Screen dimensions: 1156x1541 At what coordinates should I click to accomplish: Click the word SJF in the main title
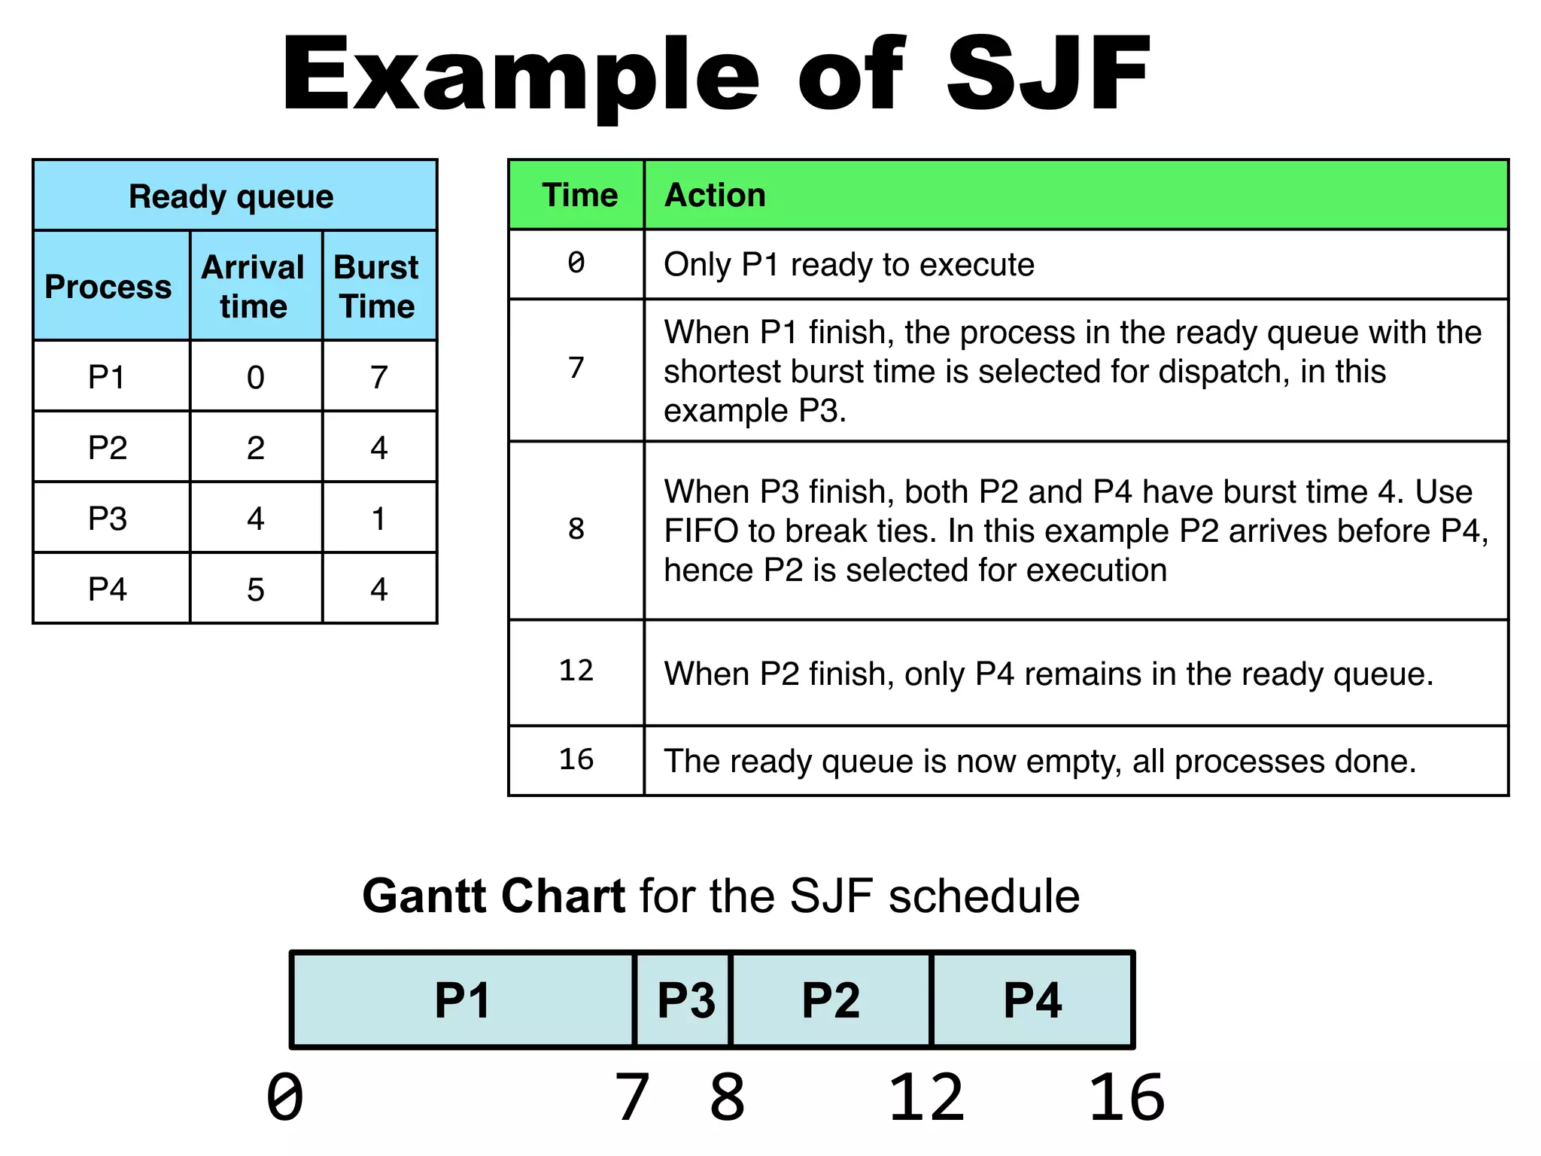coord(1047,74)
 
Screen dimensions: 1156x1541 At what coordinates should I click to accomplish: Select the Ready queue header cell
coord(231,196)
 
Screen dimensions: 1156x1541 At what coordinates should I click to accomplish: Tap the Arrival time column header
coord(254,287)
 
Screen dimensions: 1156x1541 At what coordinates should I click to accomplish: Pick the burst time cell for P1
coord(378,377)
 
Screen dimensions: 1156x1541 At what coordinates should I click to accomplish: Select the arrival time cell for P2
coord(255,448)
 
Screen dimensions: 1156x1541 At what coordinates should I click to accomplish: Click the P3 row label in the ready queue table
coord(108,519)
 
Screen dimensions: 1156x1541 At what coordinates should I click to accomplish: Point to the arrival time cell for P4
coord(255,589)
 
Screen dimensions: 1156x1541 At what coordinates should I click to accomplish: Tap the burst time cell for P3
coord(378,519)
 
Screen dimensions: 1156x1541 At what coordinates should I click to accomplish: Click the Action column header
coord(715,195)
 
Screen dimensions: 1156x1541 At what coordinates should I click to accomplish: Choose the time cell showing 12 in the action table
coord(576,671)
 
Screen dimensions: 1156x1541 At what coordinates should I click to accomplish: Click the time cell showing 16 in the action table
coord(576,759)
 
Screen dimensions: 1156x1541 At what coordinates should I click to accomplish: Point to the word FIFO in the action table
coord(701,531)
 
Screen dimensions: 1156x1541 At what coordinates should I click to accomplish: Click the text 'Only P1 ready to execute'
coord(849,265)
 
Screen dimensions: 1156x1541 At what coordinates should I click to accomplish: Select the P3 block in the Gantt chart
coord(685,1000)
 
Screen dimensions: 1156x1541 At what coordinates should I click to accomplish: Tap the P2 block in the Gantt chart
coord(830,1000)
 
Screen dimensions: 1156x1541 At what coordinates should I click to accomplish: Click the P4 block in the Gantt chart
coord(1032,1000)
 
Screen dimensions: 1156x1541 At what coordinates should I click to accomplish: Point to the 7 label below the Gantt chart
coord(632,1097)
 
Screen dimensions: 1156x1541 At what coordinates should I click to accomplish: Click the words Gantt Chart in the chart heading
coord(494,896)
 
